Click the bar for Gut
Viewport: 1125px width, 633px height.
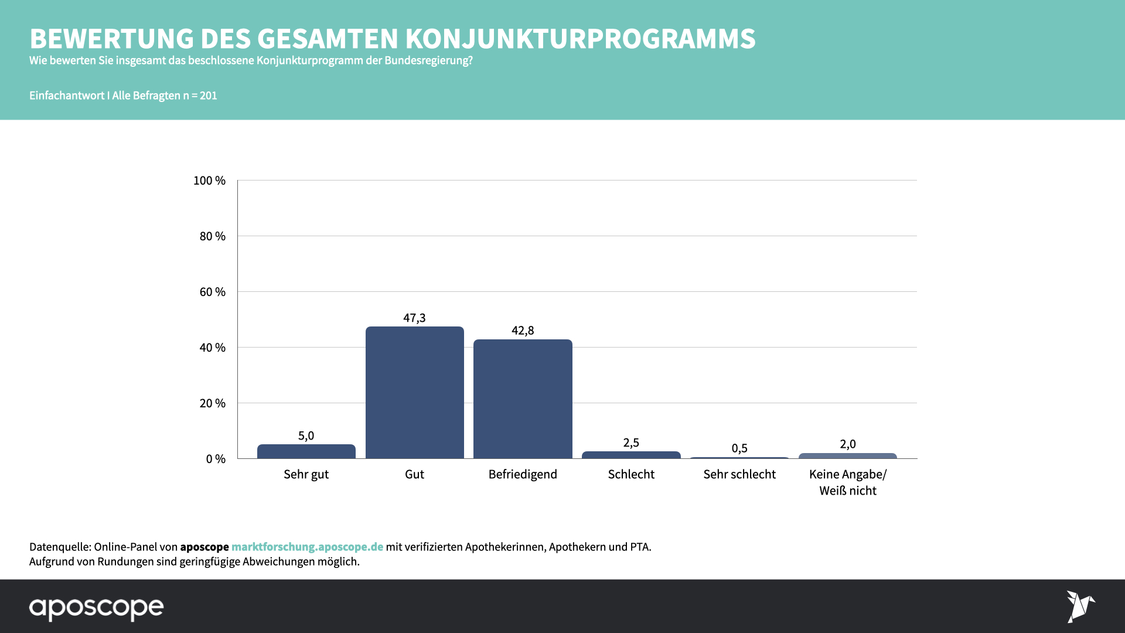coord(415,392)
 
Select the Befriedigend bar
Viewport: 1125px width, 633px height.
coord(523,399)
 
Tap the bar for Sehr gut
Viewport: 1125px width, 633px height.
coord(306,451)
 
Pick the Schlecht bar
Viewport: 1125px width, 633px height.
coord(631,455)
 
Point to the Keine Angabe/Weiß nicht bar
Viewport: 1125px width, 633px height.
coord(848,455)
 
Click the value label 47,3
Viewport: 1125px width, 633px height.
coord(414,318)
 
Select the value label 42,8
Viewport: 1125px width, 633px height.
coord(523,331)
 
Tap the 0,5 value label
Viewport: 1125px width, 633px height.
coord(739,448)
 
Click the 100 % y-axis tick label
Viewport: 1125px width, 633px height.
coord(209,181)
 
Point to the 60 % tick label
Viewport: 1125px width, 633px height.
coord(212,292)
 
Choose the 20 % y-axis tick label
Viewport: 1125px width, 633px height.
coord(212,403)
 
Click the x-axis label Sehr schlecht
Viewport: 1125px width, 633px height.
coord(739,474)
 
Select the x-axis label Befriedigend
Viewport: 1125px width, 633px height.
coord(523,474)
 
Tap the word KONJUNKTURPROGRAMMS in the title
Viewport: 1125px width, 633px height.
coord(580,39)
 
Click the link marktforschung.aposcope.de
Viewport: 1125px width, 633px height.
coord(307,547)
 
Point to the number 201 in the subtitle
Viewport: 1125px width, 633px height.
coord(209,96)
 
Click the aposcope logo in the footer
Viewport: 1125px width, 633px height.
coord(97,608)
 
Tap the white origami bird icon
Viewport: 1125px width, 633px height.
coord(1080,607)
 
